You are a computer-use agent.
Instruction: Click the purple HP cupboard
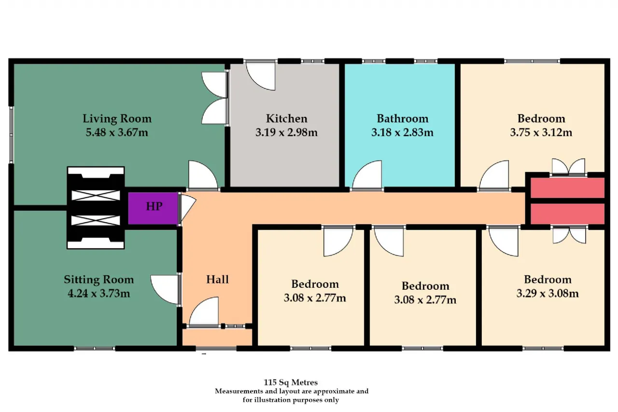(153, 208)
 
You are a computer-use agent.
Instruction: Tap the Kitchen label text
(286, 119)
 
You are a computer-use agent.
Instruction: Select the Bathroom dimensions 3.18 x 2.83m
(402, 132)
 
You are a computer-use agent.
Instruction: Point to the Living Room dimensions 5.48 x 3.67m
(117, 132)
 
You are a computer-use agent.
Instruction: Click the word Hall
(217, 279)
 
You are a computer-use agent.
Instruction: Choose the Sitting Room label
(99, 280)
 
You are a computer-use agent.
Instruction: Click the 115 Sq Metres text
(291, 382)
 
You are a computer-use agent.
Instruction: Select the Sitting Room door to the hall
(165, 289)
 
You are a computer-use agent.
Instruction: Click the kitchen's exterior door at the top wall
(260, 76)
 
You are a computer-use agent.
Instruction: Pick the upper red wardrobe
(567, 188)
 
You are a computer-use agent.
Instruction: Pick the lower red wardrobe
(567, 214)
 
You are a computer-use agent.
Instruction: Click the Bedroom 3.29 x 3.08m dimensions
(548, 293)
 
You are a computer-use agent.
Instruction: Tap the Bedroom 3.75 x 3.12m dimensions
(541, 132)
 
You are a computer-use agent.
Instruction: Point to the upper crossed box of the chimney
(96, 196)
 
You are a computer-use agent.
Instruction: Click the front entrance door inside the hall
(204, 311)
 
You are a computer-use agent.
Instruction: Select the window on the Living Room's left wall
(11, 134)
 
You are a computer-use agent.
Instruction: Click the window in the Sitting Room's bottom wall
(94, 349)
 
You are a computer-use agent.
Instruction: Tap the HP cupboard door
(187, 208)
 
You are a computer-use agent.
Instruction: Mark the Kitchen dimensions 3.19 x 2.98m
(286, 132)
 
